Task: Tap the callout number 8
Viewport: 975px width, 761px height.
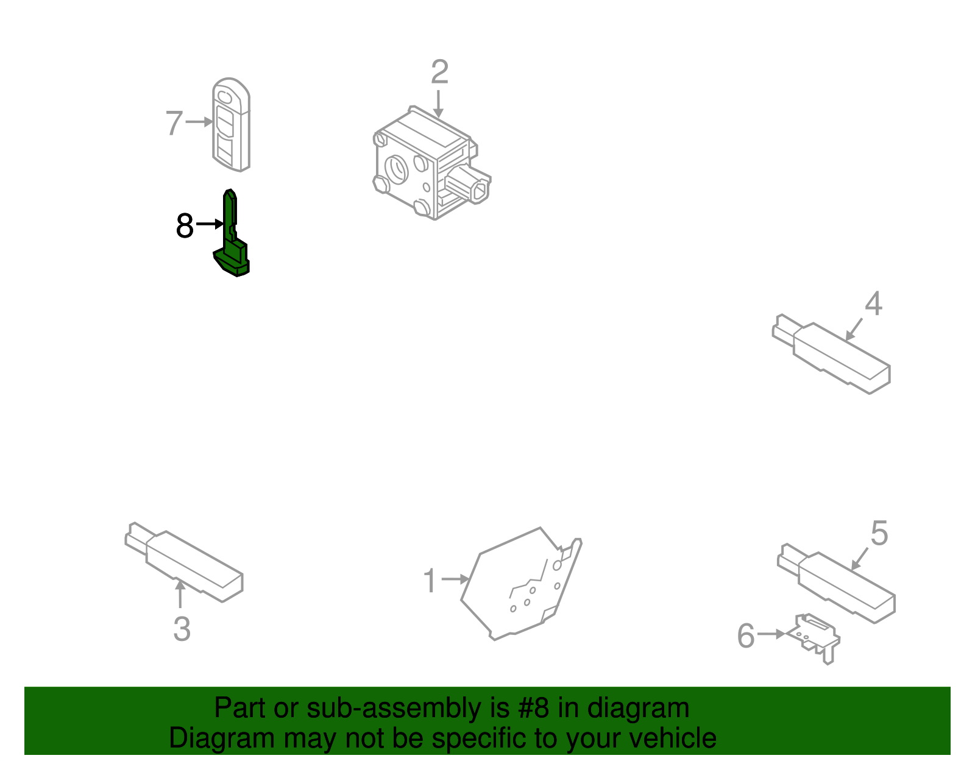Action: [185, 226]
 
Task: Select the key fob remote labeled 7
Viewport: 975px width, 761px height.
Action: [231, 125]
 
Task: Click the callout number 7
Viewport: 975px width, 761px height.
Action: [174, 123]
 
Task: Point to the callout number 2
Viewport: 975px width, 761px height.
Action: [439, 73]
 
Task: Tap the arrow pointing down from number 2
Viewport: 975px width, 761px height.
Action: [438, 104]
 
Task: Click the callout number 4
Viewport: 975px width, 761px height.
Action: [873, 304]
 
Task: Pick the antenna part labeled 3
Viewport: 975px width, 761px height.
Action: [189, 564]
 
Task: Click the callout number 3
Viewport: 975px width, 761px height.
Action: [182, 629]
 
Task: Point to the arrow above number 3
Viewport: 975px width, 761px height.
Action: [180, 594]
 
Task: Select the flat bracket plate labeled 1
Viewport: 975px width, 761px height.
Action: [518, 585]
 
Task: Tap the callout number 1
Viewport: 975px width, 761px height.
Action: [430, 581]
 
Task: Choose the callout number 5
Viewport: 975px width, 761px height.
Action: [879, 534]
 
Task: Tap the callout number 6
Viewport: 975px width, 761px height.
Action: [746, 636]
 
